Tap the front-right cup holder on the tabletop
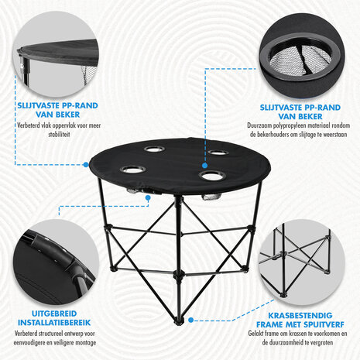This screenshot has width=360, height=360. click(208, 175)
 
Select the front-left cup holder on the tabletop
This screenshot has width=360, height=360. click(132, 169)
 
